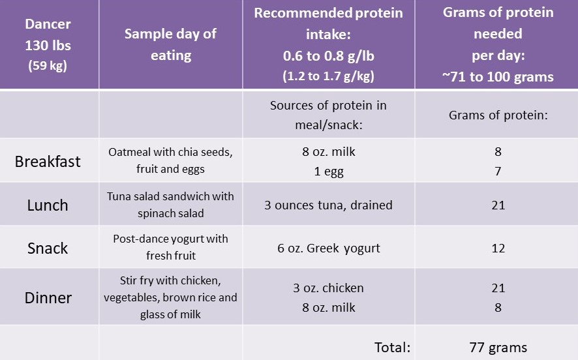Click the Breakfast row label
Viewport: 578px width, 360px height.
pos(48,161)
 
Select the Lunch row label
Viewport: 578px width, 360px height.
pos(48,205)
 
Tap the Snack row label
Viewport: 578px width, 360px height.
pos(48,248)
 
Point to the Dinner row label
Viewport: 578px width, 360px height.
pos(48,298)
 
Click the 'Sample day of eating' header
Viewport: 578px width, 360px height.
pos(170,44)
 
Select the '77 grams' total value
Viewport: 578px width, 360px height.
pos(498,347)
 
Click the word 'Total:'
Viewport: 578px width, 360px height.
pos(391,347)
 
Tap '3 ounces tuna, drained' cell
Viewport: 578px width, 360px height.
pos(329,205)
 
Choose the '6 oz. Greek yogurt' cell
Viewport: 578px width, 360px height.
pos(329,248)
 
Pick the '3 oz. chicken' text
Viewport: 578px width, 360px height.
pos(329,288)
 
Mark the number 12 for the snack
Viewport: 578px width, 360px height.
pos(498,248)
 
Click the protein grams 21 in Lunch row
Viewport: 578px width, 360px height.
pos(498,205)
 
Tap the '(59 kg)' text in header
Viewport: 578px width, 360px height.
pos(48,66)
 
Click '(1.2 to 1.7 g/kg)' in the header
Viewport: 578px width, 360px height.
pos(329,76)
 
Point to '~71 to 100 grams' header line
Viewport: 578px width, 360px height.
pos(498,76)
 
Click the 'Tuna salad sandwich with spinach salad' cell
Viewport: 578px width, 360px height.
pos(170,205)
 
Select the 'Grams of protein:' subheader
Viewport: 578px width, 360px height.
pos(498,115)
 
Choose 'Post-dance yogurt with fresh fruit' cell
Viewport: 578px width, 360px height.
pos(170,248)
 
